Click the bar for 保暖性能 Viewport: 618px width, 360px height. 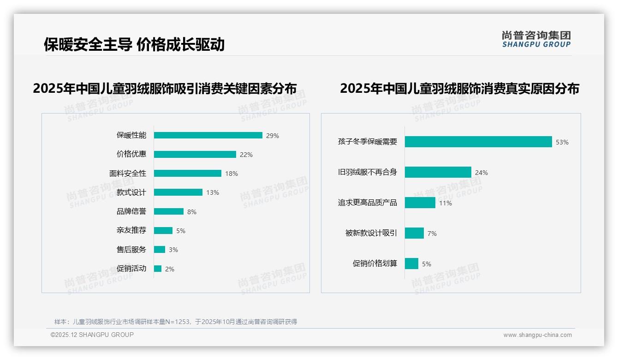point(208,135)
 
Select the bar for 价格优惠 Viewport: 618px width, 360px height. point(195,155)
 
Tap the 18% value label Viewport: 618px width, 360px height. point(232,174)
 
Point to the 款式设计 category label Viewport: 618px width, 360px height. point(131,192)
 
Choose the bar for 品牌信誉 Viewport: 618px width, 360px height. point(168,211)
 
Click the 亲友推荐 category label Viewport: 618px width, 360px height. point(131,230)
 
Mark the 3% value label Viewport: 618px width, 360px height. point(173,250)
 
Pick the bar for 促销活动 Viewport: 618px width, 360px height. point(158,269)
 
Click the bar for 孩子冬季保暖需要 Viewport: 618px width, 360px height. point(478,142)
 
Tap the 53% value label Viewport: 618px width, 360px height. point(562,143)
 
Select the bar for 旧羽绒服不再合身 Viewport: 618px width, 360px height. point(438,172)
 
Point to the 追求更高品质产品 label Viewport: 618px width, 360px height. point(367,203)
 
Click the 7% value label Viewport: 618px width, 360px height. point(432,234)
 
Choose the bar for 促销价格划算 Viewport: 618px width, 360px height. point(411,264)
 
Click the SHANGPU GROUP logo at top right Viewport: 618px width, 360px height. point(536,39)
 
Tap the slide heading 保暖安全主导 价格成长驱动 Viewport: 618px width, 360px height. point(134,44)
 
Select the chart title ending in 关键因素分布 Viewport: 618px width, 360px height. point(165,89)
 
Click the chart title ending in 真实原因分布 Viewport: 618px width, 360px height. point(459,89)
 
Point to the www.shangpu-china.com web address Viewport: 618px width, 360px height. point(537,335)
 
